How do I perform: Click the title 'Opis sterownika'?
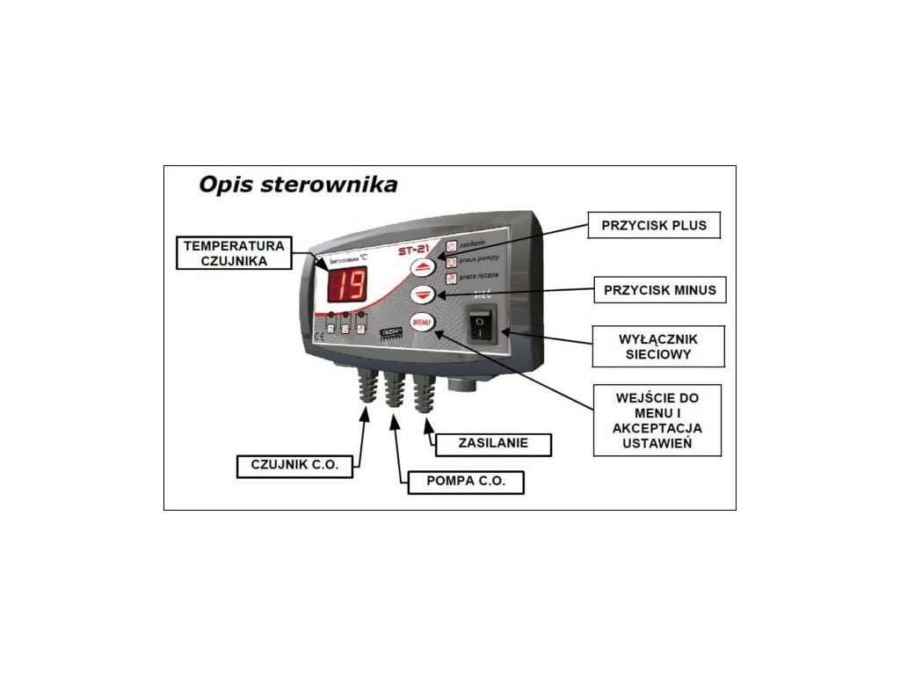(x=298, y=185)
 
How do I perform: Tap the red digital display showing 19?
(x=350, y=283)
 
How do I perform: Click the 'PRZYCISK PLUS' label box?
(x=648, y=225)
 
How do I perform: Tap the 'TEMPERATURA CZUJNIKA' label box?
(x=233, y=253)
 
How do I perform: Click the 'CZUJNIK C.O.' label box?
(x=294, y=465)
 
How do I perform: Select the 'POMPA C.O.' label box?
(x=465, y=482)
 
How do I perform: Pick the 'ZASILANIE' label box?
(x=493, y=443)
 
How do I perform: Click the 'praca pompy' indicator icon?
(x=452, y=261)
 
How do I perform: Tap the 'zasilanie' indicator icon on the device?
(x=452, y=245)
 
